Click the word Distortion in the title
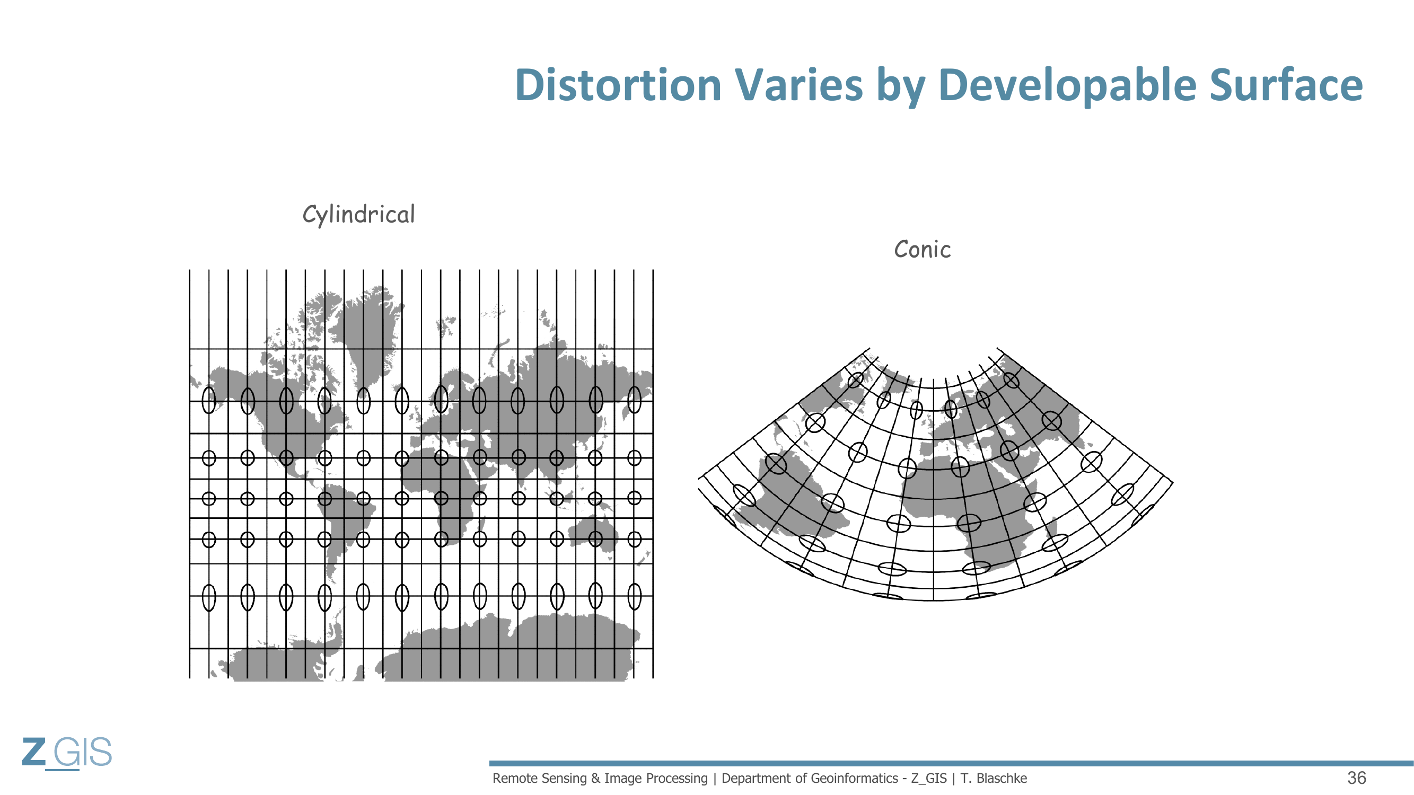pos(618,85)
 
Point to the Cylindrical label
pos(359,215)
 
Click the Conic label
pos(922,250)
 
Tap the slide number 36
pos(1356,778)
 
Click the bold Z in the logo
pos(34,752)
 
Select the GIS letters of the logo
pos(83,752)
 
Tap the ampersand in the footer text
pos(595,779)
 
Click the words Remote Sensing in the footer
pos(540,779)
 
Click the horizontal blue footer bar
pos(951,763)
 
